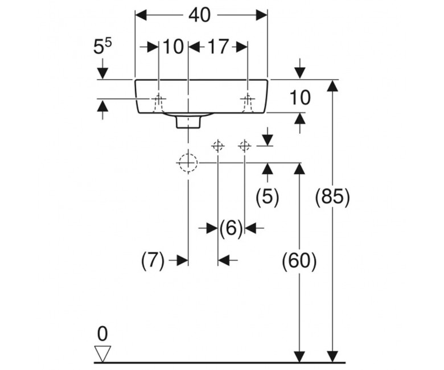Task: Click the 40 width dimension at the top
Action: pyautogui.click(x=200, y=15)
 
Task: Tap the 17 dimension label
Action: pyautogui.click(x=218, y=47)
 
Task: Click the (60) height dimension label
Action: pyautogui.click(x=299, y=261)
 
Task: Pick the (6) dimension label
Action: pyautogui.click(x=231, y=227)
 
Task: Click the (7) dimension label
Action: pyautogui.click(x=153, y=261)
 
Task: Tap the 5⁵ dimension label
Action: pyautogui.click(x=102, y=47)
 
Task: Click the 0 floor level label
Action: pyautogui.click(x=102, y=334)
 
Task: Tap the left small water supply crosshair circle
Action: pyautogui.click(x=218, y=146)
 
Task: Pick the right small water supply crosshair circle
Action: pyautogui.click(x=245, y=146)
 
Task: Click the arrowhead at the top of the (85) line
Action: pyautogui.click(x=332, y=85)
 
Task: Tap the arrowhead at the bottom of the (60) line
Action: pyautogui.click(x=299, y=356)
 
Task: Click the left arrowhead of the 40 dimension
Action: pyautogui.click(x=141, y=15)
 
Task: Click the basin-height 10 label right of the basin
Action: pyautogui.click(x=300, y=98)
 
